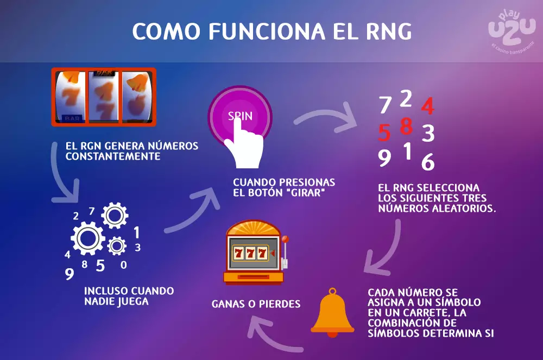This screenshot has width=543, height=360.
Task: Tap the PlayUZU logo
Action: (512, 30)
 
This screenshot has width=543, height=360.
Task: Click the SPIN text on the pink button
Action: (240, 116)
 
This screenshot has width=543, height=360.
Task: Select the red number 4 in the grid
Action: (428, 106)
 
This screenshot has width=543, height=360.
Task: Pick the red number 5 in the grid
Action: (384, 132)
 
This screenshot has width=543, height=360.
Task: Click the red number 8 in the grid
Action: (407, 126)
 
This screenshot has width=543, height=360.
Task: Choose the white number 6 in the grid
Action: (428, 162)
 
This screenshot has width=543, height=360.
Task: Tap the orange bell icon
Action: (332, 313)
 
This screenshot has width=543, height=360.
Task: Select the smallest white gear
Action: (117, 246)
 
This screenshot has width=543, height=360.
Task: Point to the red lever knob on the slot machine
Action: (286, 239)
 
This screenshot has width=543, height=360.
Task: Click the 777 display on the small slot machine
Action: (250, 254)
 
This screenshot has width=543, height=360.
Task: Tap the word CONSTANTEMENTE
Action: (113, 156)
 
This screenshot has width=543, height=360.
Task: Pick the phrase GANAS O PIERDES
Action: (256, 304)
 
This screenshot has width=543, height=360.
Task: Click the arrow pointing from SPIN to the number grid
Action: (326, 117)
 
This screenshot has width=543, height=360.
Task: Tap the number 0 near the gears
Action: (124, 265)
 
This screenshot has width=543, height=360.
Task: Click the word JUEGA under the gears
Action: (133, 301)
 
